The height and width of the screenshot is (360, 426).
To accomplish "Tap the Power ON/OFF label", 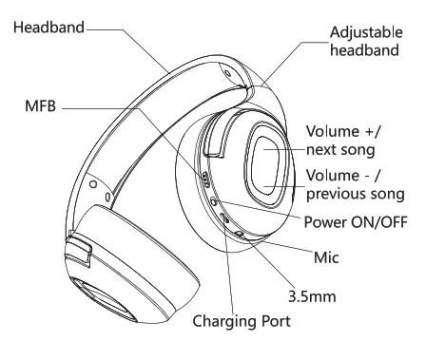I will [353, 222].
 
